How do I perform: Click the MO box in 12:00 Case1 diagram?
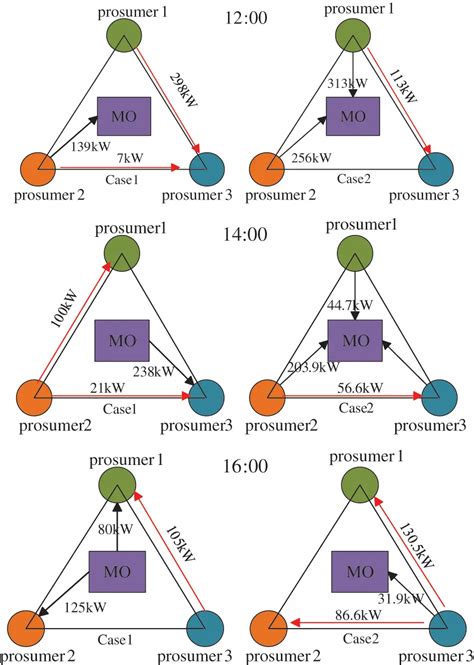tap(120, 117)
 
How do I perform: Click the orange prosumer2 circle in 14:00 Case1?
tap(37, 397)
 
